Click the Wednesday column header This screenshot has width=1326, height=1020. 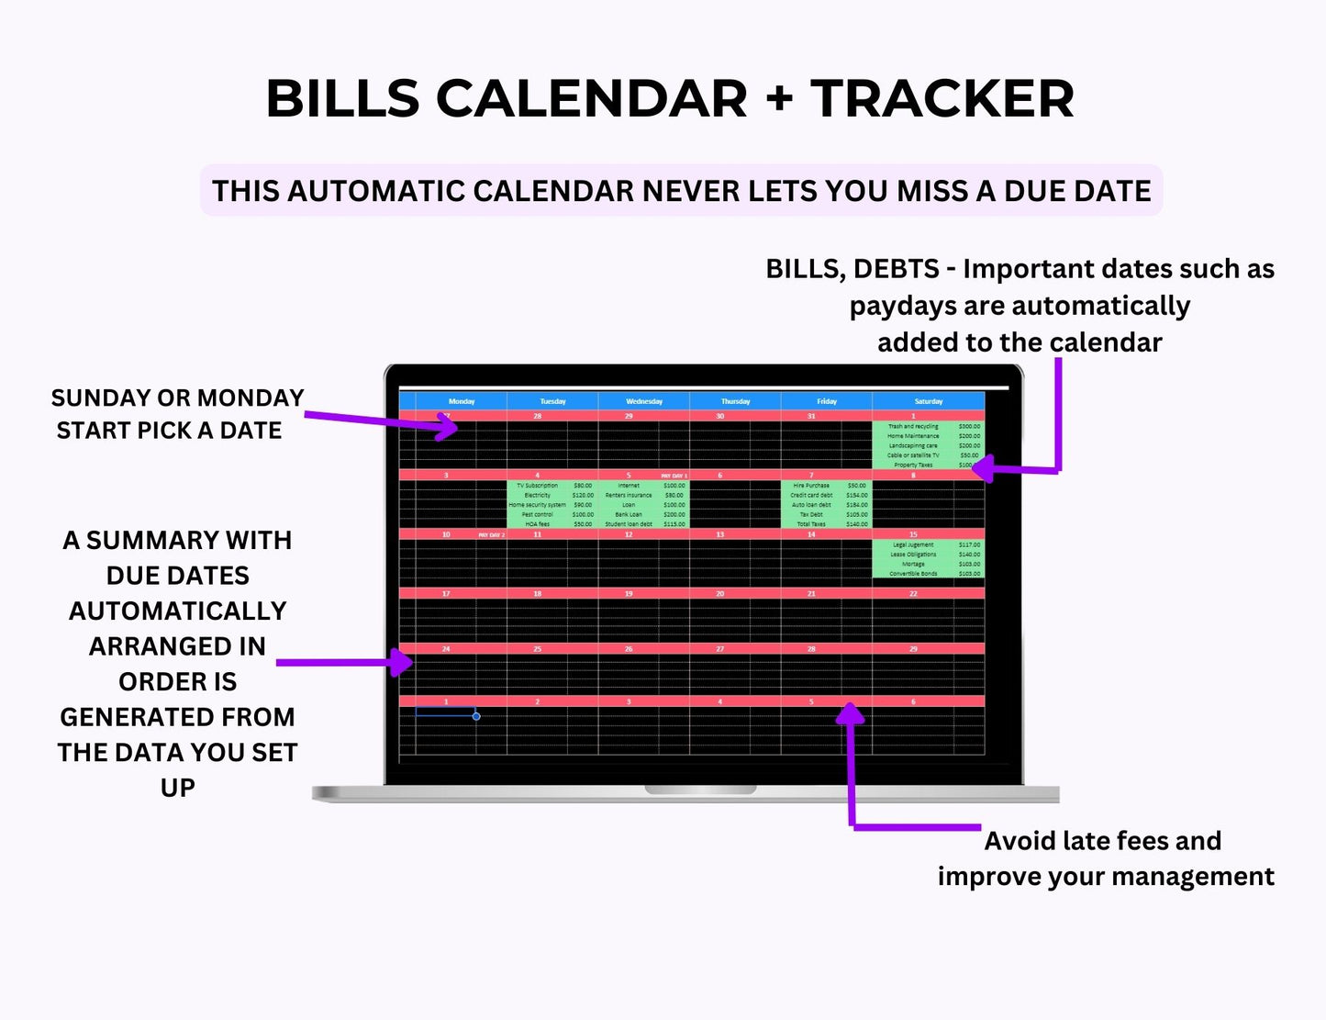(643, 401)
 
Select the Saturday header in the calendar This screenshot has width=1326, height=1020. (928, 401)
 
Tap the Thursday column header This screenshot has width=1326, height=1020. (735, 401)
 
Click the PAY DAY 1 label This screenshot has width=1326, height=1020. (674, 476)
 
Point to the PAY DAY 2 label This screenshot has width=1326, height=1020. (491, 534)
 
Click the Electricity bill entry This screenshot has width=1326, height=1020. (538, 495)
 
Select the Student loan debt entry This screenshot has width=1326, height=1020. (629, 524)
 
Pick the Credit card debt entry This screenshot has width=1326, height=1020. (811, 495)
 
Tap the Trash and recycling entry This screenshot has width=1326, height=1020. (913, 426)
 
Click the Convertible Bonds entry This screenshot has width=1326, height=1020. (913, 574)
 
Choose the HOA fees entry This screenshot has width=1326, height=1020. (538, 524)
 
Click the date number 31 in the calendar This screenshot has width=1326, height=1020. (811, 416)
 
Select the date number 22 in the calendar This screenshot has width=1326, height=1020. (913, 594)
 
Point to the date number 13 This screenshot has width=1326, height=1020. (719, 534)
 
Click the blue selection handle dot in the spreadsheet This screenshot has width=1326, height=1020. (476, 716)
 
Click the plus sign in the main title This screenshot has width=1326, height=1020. (779, 98)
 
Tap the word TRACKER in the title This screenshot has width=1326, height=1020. (942, 98)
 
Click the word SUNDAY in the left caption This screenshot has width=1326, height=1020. (95, 398)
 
